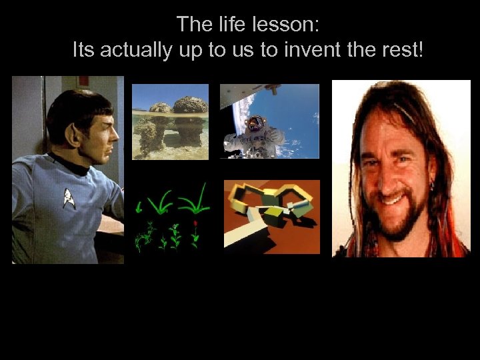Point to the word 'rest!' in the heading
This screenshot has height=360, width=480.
(x=403, y=49)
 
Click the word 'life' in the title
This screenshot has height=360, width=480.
(x=231, y=25)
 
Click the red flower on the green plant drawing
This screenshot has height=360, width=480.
(x=195, y=223)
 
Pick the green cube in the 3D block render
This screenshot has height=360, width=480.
(x=274, y=213)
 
